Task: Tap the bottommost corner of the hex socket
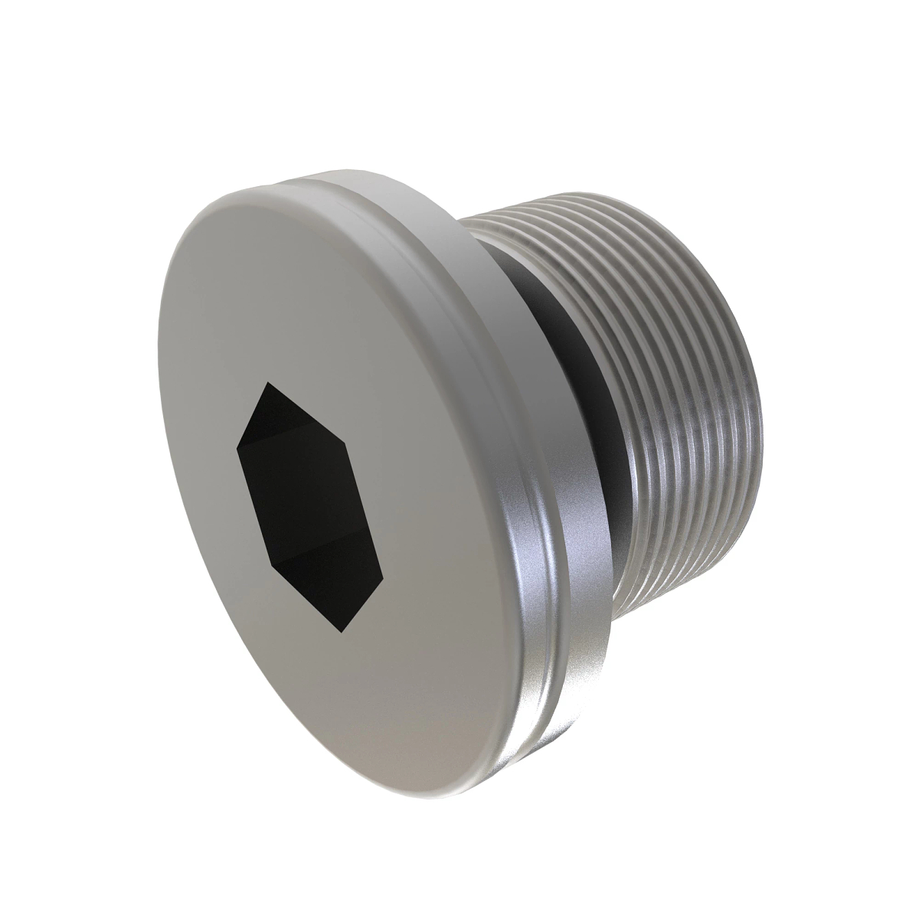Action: tap(342, 633)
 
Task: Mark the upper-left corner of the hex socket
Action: tap(239, 443)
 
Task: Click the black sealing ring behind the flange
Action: tap(590, 398)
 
